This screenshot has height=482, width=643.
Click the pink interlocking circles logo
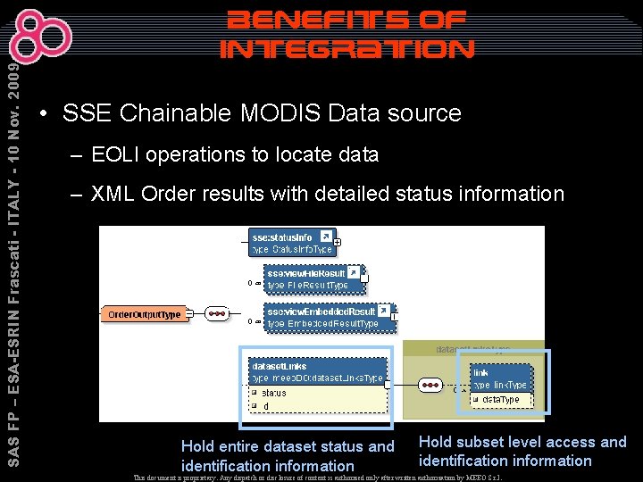[45, 37]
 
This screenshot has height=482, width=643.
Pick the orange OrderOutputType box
[145, 314]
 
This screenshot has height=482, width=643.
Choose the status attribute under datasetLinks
[274, 393]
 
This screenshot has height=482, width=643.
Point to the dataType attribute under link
[500, 400]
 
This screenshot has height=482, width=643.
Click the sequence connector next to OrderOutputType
[216, 314]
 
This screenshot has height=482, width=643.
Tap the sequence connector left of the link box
[430, 386]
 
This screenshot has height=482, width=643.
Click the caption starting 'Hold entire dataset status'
[287, 455]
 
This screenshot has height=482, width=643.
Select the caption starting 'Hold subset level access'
[522, 451]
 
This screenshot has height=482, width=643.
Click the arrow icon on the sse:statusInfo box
[326, 237]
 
